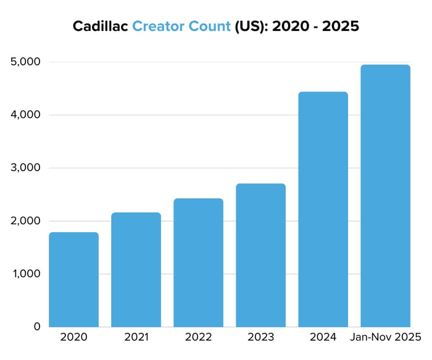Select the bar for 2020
(73, 279)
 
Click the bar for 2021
(136, 269)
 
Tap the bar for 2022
(198, 262)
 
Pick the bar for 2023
(260, 255)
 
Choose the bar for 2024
(323, 209)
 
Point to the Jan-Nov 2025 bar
(385, 195)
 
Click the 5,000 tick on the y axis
(25, 62)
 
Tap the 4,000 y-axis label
(25, 115)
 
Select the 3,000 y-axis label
(25, 168)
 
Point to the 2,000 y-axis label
(25, 221)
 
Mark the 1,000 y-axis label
(25, 274)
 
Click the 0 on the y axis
(37, 327)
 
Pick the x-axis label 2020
(73, 338)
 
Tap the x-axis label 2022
(198, 338)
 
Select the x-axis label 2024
(323, 338)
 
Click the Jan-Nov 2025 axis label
(385, 338)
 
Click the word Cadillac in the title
(100, 27)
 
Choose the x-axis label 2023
(260, 338)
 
